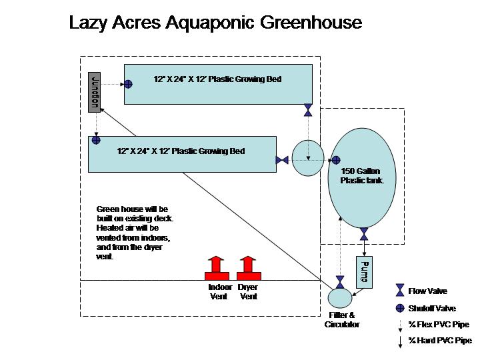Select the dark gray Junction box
pyautogui.click(x=94, y=90)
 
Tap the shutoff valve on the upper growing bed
pyautogui.click(x=128, y=84)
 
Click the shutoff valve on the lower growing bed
pyautogui.click(x=96, y=141)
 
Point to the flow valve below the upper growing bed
pyautogui.click(x=308, y=110)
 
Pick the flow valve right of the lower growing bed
pyautogui.click(x=281, y=160)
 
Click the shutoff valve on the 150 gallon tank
pyautogui.click(x=336, y=160)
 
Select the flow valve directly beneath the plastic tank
pyautogui.click(x=363, y=234)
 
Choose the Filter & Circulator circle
pyautogui.click(x=340, y=298)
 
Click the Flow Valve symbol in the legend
pyautogui.click(x=400, y=290)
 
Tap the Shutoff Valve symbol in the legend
pyautogui.click(x=400, y=308)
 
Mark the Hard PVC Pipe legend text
pyautogui.click(x=441, y=341)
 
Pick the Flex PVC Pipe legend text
pyautogui.click(x=439, y=325)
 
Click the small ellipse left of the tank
pyautogui.click(x=308, y=157)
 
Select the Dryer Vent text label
pyautogui.click(x=248, y=291)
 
